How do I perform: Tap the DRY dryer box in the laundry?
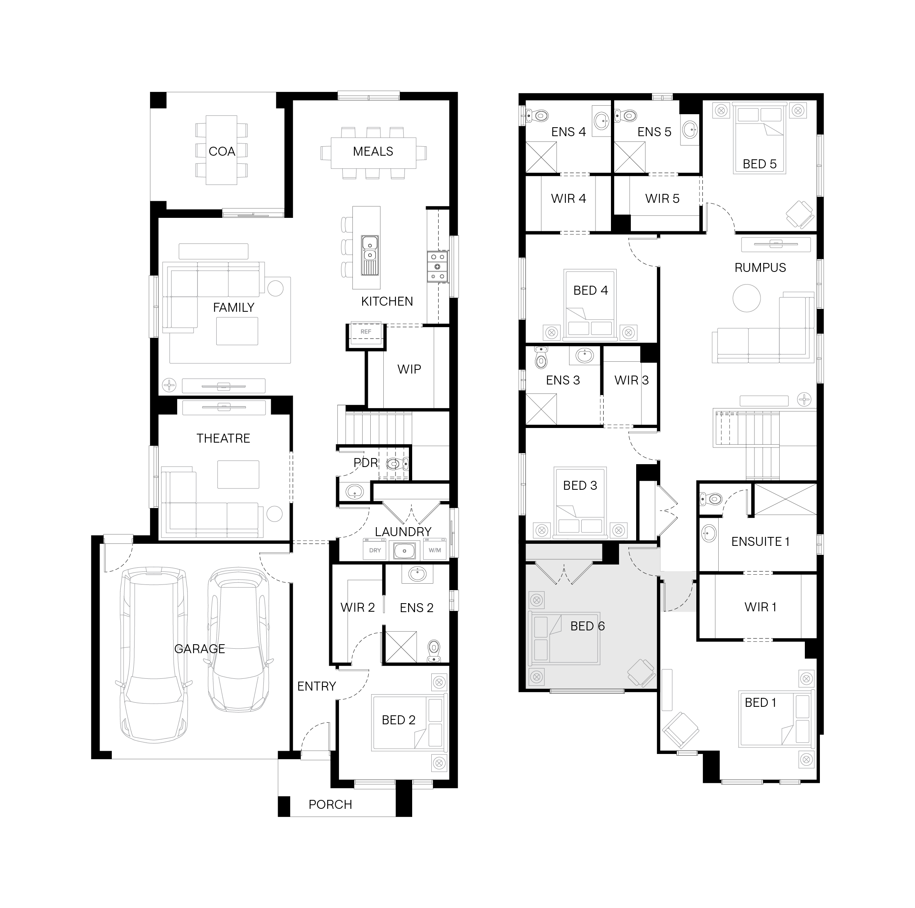[375, 550]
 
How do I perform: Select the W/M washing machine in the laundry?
[435, 550]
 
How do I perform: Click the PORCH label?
[330, 805]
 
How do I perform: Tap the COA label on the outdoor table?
[222, 152]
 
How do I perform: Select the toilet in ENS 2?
[433, 651]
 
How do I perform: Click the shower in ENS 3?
[541, 409]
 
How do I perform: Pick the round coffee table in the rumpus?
[746, 298]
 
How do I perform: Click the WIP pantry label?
[409, 369]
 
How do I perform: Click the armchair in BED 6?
[642, 673]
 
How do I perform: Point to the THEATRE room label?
[223, 439]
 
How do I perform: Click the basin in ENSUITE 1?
[709, 533]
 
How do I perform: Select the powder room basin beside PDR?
[354, 492]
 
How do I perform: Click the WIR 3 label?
[631, 380]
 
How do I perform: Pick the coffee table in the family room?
[237, 331]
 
